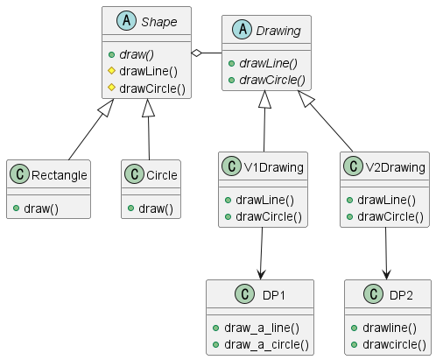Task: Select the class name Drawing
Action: click(278, 31)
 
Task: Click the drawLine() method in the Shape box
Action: click(150, 71)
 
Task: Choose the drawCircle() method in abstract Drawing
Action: click(273, 80)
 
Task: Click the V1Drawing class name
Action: click(273, 166)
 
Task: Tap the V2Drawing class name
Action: click(395, 166)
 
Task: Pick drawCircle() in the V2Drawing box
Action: click(392, 215)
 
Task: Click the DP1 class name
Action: click(274, 294)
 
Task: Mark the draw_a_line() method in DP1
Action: click(262, 328)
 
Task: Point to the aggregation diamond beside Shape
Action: click(200, 54)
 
